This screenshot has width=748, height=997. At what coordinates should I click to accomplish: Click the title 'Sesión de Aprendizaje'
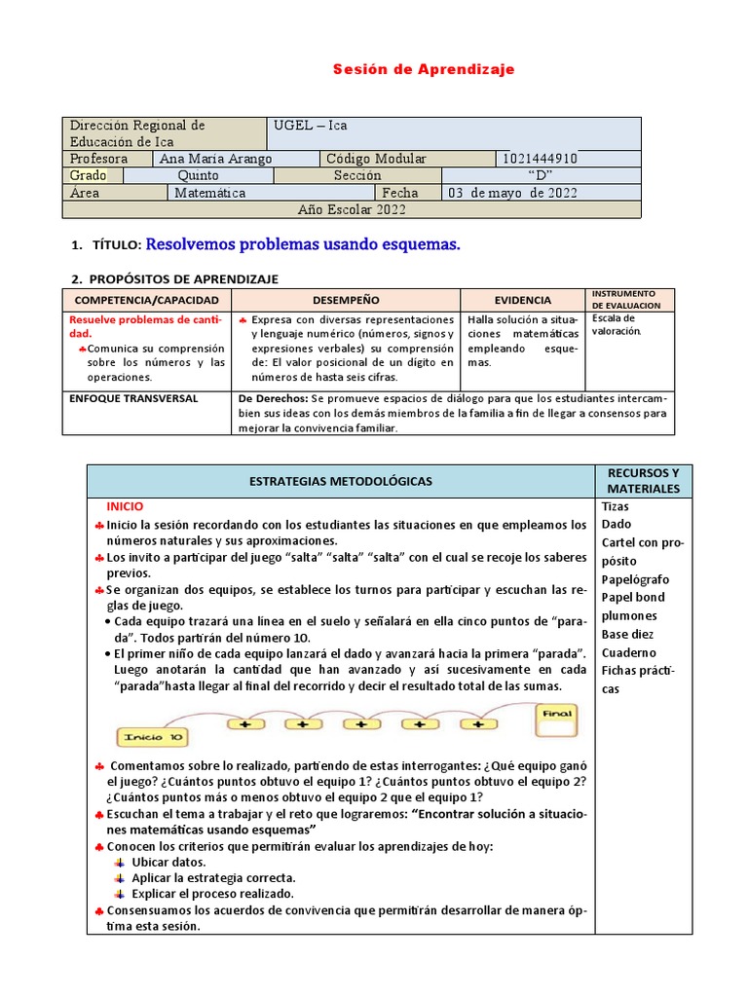point(424,69)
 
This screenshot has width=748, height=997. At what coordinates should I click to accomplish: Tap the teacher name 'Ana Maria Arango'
point(215,159)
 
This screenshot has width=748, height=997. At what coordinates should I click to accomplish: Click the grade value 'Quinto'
point(199,175)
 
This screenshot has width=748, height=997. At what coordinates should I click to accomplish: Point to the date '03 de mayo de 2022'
point(512,193)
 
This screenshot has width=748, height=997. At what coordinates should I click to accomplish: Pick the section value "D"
point(540,175)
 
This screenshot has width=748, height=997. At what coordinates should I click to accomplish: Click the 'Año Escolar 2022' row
point(352,209)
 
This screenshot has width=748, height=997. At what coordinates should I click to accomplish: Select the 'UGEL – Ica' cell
point(311,126)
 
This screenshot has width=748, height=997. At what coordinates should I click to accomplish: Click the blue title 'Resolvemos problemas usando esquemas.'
point(302,244)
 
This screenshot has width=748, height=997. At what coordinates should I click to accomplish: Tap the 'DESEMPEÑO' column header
point(346,300)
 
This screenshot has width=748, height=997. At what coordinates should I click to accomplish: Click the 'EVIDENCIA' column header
point(522,300)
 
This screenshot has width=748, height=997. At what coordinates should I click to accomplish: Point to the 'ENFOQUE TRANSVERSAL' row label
point(133,398)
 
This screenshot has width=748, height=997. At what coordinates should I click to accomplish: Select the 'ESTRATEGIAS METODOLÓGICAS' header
point(341,481)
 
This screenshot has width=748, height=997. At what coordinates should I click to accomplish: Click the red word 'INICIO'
point(125,506)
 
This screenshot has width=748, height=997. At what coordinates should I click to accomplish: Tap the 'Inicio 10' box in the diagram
point(151,737)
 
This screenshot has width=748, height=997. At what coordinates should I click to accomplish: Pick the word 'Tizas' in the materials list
point(616,506)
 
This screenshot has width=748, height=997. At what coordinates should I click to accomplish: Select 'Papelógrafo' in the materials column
point(635,579)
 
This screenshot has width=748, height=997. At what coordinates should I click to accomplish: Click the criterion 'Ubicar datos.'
point(168,863)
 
